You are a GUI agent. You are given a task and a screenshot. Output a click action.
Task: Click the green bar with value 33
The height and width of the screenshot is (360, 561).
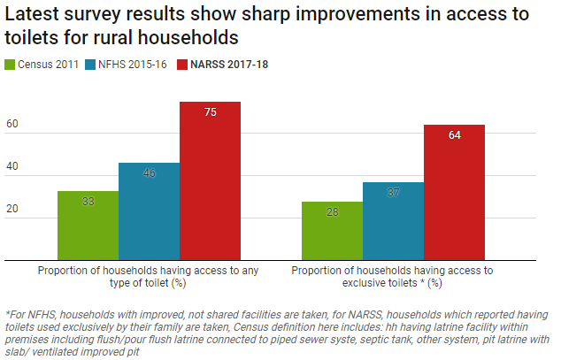88,225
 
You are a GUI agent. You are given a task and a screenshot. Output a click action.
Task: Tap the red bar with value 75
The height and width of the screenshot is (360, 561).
210,180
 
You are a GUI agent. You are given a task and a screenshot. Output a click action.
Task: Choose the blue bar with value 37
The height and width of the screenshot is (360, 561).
393,220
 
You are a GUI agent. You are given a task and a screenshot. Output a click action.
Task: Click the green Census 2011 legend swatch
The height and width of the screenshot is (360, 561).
11,65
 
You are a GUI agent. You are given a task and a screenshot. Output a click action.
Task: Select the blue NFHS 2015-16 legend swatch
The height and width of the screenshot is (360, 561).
90,65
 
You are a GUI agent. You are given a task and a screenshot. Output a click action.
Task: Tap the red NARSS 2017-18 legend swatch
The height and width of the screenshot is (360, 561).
183,65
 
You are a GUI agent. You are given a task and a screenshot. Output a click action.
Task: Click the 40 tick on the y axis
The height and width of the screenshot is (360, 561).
12,167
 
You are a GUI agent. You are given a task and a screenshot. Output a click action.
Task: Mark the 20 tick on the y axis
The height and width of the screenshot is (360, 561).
12,210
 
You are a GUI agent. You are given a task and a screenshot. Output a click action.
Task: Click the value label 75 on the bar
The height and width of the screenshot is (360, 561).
210,112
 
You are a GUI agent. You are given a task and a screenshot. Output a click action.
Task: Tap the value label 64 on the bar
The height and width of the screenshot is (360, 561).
454,135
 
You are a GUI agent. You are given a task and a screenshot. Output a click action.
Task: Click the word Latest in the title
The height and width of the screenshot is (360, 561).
34,15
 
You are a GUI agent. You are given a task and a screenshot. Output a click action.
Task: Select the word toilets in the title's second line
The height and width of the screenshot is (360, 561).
35,39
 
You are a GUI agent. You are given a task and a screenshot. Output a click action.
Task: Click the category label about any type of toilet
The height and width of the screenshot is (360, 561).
149,276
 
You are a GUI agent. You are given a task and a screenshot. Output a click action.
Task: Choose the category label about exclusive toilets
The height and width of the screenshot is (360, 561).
393,276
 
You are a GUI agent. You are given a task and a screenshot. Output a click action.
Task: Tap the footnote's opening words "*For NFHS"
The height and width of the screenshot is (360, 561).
32,314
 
